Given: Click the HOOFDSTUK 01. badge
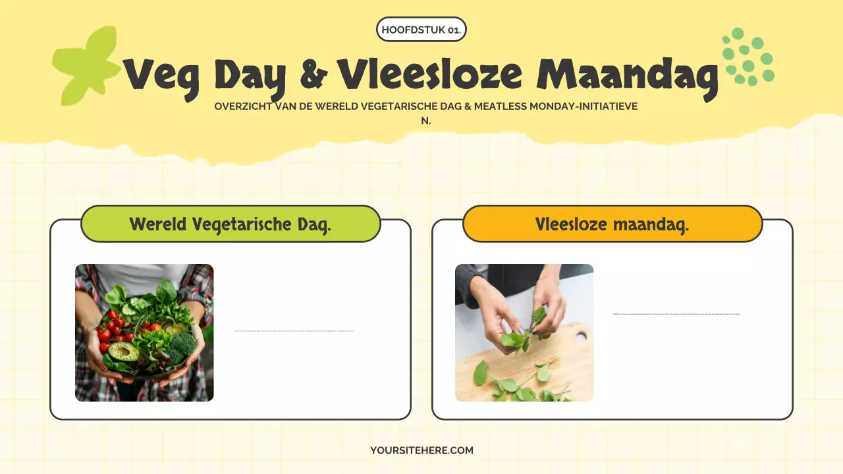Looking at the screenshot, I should (421, 30).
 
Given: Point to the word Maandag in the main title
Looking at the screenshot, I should (627, 76).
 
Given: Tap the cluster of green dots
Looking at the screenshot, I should (748, 58).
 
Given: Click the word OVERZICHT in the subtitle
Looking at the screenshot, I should (243, 106).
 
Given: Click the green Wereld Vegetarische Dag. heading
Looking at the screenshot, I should (231, 224).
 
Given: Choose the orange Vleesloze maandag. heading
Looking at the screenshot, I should (612, 224).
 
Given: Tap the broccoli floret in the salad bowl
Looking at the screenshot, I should (182, 346).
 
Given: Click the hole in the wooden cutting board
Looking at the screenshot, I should (581, 336).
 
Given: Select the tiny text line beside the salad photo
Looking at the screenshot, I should (294, 330).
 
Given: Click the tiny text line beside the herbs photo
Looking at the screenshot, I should (676, 314).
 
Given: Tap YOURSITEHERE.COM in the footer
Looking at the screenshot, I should (421, 450).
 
